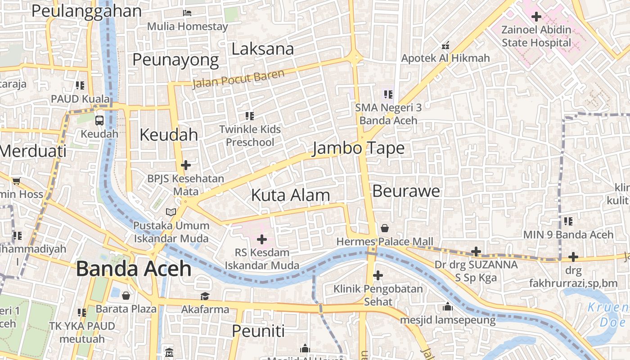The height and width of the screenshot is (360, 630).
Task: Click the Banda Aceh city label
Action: pyautogui.click(x=134, y=269)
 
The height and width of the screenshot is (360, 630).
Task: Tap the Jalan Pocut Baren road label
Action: pyautogui.click(x=238, y=79)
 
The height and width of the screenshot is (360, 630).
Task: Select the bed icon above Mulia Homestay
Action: pyautogui.click(x=187, y=13)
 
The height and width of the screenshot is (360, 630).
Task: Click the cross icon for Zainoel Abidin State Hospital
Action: pyautogui.click(x=536, y=17)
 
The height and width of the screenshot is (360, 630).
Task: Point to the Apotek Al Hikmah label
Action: pyautogui.click(x=445, y=58)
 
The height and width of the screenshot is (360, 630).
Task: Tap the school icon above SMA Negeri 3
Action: pyautogui.click(x=388, y=94)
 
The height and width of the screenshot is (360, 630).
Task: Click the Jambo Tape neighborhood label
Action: pyautogui.click(x=358, y=148)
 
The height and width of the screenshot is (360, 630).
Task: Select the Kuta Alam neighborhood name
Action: pyautogui.click(x=290, y=195)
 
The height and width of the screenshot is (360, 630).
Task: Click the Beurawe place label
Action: pyautogui.click(x=406, y=191)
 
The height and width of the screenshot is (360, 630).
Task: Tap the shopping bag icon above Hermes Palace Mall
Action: pyautogui.click(x=385, y=228)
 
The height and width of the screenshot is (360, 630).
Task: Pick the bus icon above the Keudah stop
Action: pyautogui.click(x=99, y=120)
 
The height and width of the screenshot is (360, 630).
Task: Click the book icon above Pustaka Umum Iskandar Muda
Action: pyautogui.click(x=171, y=212)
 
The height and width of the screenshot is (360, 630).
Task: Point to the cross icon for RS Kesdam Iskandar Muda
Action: pyautogui.click(x=261, y=239)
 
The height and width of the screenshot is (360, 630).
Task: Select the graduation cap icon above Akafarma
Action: pyautogui.click(x=205, y=296)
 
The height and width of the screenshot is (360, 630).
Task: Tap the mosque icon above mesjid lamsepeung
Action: pyautogui.click(x=448, y=306)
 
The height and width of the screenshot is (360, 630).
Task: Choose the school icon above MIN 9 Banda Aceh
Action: pyautogui.click(x=568, y=221)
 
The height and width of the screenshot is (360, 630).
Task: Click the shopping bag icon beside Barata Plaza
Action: pyautogui.click(x=126, y=296)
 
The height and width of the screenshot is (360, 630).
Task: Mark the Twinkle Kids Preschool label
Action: pyautogui.click(x=250, y=136)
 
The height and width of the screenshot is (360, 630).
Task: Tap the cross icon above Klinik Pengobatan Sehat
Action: pyautogui.click(x=378, y=275)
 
